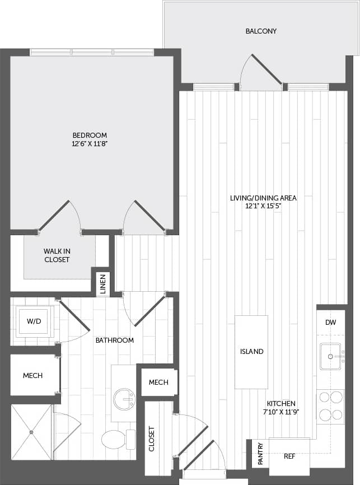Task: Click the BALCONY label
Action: (x=261, y=31)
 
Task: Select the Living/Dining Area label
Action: (x=263, y=198)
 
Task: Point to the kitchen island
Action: (x=251, y=352)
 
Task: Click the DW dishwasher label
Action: (x=331, y=323)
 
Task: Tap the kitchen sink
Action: (x=331, y=356)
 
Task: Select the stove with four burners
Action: (x=330, y=406)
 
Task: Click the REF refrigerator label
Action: (x=289, y=456)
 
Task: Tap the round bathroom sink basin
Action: (x=124, y=399)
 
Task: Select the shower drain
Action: (x=32, y=432)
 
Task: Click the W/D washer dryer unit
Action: (x=34, y=322)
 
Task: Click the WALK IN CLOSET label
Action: (x=57, y=256)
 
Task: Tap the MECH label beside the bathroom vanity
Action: (x=158, y=382)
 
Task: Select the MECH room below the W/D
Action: (x=33, y=375)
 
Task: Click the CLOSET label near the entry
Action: (x=151, y=440)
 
